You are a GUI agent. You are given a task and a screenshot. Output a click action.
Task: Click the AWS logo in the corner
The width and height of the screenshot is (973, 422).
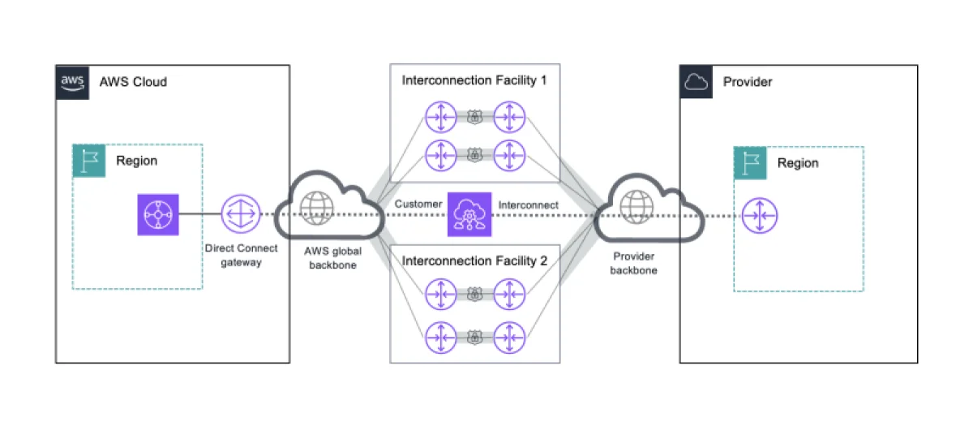pyautogui.click(x=72, y=82)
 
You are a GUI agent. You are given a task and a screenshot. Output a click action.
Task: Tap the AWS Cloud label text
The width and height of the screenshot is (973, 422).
pyautogui.click(x=133, y=82)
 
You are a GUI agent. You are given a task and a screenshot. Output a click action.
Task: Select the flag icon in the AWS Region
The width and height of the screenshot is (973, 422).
pyautogui.click(x=89, y=161)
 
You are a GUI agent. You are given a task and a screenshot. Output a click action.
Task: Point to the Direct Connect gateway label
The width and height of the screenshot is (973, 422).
pyautogui.click(x=241, y=255)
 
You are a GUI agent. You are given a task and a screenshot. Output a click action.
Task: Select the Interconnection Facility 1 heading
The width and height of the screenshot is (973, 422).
pyautogui.click(x=474, y=80)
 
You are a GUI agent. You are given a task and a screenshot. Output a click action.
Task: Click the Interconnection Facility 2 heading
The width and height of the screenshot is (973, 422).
pyautogui.click(x=474, y=261)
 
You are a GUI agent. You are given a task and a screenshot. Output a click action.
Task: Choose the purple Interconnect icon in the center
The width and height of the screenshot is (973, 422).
pyautogui.click(x=467, y=215)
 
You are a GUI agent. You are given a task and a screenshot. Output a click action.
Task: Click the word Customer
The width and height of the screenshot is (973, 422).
pyautogui.click(x=418, y=205)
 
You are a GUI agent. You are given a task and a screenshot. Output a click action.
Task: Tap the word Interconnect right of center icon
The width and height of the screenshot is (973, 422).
pyautogui.click(x=528, y=205)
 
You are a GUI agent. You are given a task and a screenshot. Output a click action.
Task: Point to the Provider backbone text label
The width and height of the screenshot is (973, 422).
pyautogui.click(x=634, y=263)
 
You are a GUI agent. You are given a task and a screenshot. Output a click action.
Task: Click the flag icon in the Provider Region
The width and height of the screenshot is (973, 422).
pyautogui.click(x=751, y=162)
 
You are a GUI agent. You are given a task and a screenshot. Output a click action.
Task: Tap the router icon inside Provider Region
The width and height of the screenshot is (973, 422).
pyautogui.click(x=760, y=216)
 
